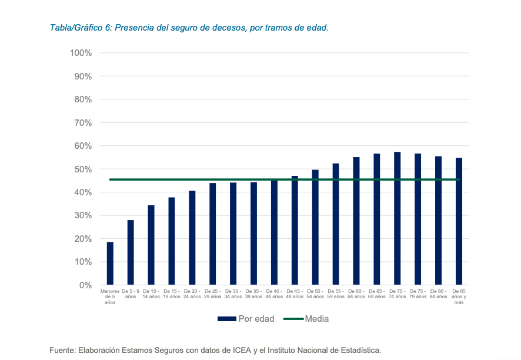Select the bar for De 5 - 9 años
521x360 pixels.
pos(131,252)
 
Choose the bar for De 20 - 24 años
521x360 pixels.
pos(192,238)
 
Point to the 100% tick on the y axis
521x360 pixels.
pos(81,53)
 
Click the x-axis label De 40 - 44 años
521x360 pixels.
pos(273,294)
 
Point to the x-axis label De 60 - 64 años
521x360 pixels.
pos(356,294)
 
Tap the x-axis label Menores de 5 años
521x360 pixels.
pos(110,296)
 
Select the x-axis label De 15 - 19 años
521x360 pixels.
pos(171,294)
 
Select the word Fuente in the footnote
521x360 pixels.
pos(63,350)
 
